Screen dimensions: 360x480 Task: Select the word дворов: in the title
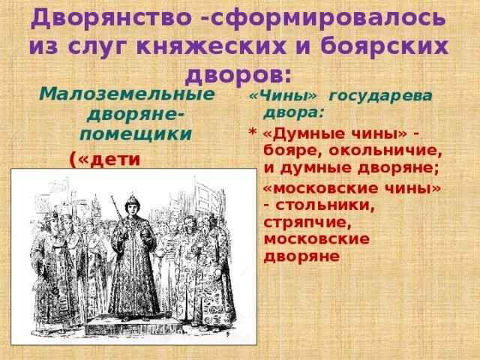(239, 75)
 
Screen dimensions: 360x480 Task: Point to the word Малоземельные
(126, 96)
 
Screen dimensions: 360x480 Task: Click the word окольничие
(386, 151)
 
